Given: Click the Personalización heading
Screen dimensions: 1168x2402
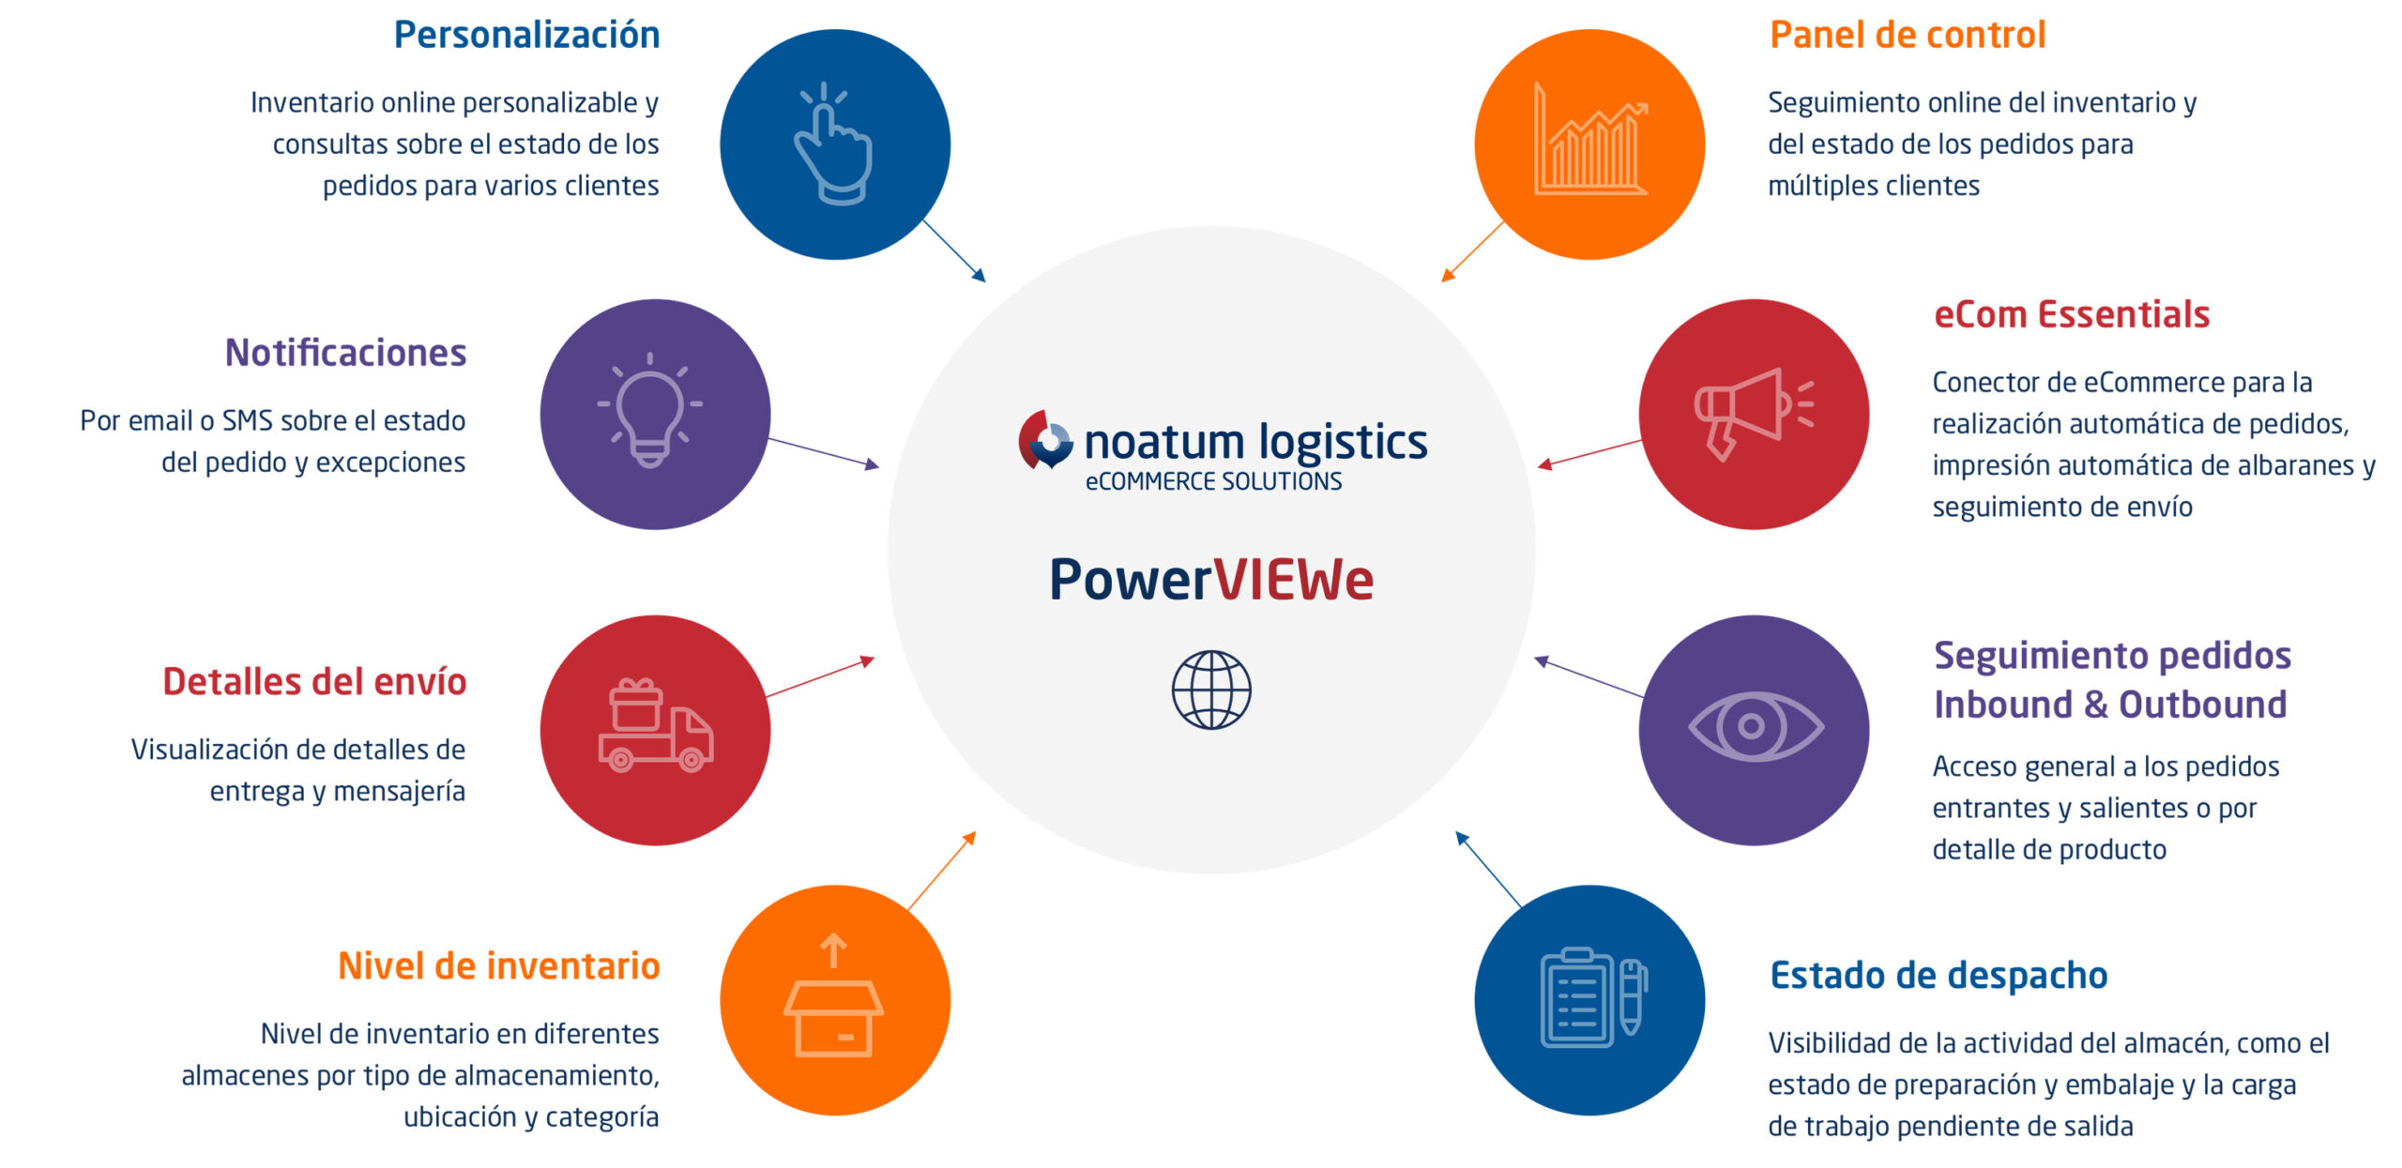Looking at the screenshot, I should pos(526,36).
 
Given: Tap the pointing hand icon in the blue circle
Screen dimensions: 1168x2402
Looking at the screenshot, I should pos(833,144).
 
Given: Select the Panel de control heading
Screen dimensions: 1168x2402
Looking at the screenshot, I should pos(1907,36).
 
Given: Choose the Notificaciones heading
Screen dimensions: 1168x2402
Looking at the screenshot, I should pos(345,354).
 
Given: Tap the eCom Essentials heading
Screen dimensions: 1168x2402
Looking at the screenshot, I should pos(2072,315).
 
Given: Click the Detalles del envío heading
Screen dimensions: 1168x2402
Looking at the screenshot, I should pos(314,682).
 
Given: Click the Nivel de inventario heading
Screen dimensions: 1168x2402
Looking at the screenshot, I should pos(498,966).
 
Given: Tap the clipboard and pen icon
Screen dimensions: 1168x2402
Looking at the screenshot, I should pos(1592,997).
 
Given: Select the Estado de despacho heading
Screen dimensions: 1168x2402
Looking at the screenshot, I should pos(1938,976).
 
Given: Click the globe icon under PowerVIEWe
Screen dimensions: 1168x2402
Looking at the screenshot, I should pos(1211,690).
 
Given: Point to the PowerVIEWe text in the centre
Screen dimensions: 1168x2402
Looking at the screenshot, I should pos(1210,580).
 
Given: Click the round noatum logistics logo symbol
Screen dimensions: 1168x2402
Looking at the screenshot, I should pos(1045,440).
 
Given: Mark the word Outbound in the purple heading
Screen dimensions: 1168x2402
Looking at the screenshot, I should pos(2202,705).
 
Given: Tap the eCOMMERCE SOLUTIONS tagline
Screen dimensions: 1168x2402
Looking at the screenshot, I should pos(1213,482).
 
